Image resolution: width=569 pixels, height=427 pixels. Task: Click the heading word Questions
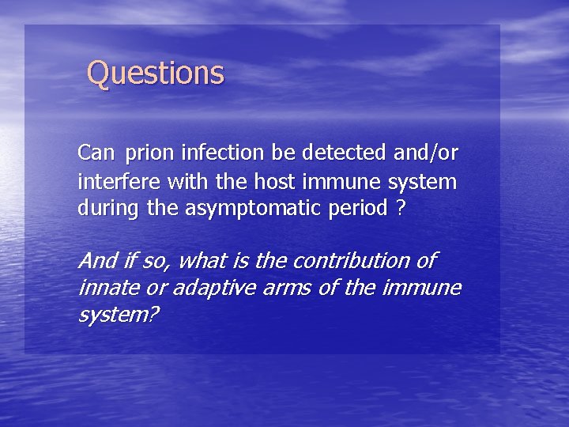tap(156, 73)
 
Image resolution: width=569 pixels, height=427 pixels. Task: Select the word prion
tap(149, 152)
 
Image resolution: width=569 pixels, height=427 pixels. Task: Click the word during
tap(107, 209)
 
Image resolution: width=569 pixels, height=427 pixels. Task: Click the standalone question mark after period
tap(401, 209)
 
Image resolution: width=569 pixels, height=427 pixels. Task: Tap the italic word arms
tap(286, 287)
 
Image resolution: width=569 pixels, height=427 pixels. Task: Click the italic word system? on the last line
tap(118, 315)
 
